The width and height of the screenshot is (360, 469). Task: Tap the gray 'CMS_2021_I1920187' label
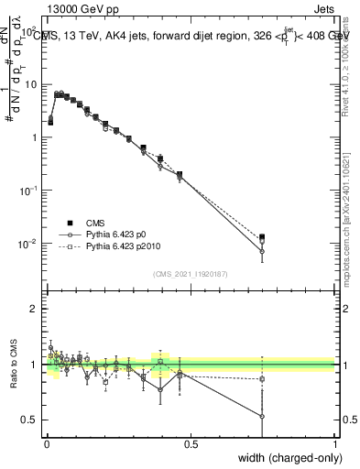190,272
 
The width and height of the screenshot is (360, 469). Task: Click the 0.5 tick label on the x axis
191,443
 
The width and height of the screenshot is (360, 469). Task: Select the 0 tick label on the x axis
47,443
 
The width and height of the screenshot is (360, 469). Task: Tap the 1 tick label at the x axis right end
335,443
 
